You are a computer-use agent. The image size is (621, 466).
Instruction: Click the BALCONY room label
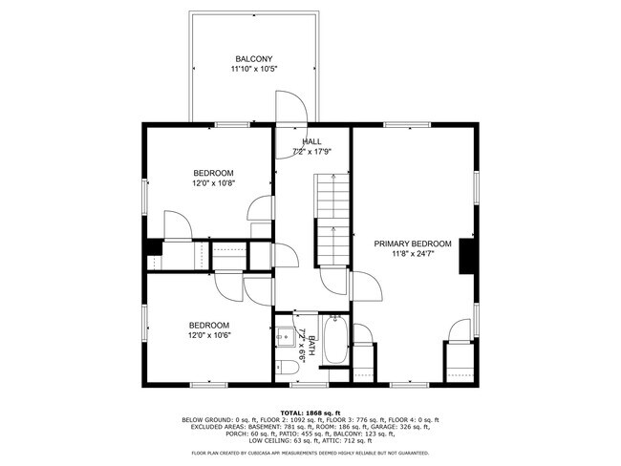coord(254,59)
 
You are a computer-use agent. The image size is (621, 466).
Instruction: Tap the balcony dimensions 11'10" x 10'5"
coord(254,69)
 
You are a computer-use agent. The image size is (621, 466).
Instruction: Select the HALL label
coord(311,141)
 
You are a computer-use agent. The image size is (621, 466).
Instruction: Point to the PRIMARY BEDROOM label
coord(413,244)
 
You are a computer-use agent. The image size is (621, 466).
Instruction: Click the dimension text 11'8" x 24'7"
coord(413,254)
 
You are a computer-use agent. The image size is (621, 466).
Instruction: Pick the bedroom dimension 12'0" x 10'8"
coord(213,183)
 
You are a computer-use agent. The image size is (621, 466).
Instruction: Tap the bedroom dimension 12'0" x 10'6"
coord(209,335)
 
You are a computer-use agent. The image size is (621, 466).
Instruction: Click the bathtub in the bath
coord(336,339)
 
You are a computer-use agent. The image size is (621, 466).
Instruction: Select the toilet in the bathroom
coord(287,368)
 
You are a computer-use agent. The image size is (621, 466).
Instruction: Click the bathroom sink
coord(284,337)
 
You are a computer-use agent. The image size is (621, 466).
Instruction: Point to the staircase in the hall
coord(332,221)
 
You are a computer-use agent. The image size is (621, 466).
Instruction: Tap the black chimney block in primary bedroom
coord(467,256)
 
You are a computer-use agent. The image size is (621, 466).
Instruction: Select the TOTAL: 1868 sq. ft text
coord(310,413)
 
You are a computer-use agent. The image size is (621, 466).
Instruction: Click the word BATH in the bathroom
coord(311,346)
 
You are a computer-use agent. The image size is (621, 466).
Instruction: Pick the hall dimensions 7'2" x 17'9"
coord(311,151)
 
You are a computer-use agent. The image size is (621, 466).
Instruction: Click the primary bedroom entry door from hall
coord(366,286)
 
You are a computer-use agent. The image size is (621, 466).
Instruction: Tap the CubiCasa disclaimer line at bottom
coord(310,453)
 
